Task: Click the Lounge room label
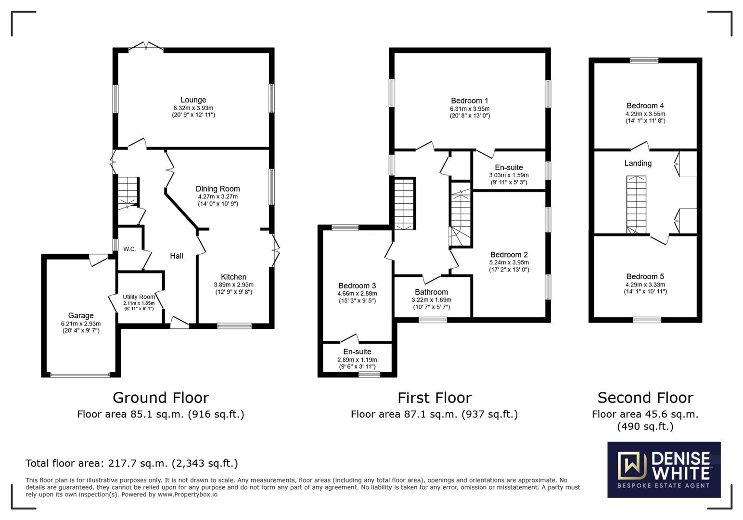[193, 100]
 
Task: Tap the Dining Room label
[218, 189]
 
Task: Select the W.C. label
[129, 249]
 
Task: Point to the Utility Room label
[139, 297]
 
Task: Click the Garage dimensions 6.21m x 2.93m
[81, 324]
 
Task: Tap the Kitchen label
[233, 277]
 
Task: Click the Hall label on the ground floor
[177, 256]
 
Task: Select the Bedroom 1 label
[469, 101]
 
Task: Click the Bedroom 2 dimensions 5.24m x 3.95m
[509, 262]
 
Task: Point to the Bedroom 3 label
[357, 286]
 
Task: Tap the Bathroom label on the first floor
[431, 292]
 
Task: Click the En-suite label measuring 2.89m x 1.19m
[357, 351]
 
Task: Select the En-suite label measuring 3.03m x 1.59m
[509, 168]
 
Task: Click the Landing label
[638, 163]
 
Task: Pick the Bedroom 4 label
[645, 105]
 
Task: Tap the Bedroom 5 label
[645, 276]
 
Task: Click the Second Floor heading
[645, 398]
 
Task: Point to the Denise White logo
[664, 469]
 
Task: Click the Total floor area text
[131, 463]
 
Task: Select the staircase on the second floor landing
[636, 205]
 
